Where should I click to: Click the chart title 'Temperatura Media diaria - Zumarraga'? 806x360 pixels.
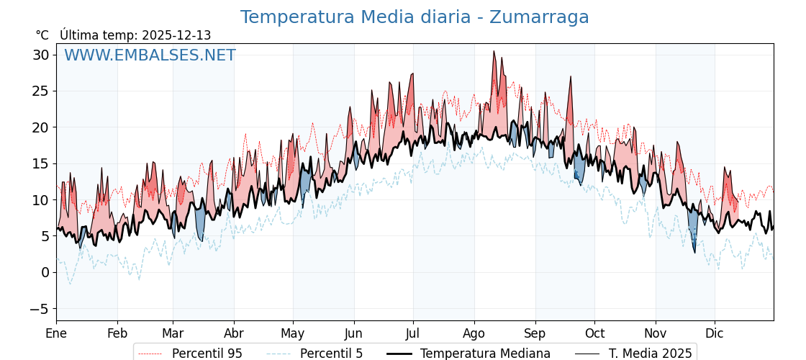point(415,17)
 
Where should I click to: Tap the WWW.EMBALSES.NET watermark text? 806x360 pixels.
point(150,55)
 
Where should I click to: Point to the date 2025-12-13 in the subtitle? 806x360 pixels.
point(176,35)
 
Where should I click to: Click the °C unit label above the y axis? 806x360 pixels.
point(42,35)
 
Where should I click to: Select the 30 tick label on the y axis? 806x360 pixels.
point(40,55)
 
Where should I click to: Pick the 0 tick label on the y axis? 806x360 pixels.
point(45,272)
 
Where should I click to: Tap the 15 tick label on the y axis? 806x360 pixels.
point(40,163)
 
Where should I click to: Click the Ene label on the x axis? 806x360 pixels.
point(56,333)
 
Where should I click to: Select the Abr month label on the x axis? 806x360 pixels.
point(233,333)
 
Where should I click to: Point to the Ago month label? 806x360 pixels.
point(474,333)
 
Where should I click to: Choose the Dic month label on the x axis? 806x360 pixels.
point(715,333)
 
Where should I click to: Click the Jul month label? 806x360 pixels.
point(413,333)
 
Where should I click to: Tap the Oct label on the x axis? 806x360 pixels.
point(594,333)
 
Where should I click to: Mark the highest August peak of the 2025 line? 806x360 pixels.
point(494,51)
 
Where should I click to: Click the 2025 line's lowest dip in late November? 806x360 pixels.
point(694,252)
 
